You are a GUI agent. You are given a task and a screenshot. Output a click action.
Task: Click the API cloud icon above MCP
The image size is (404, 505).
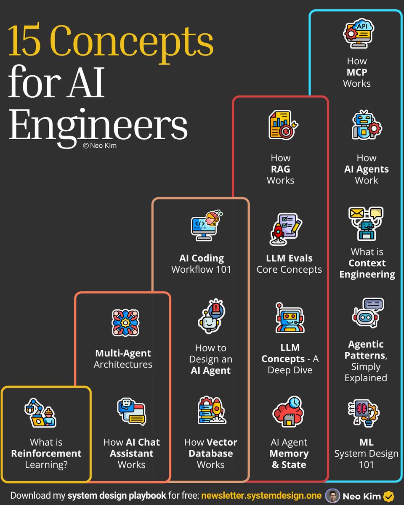tap(359, 33)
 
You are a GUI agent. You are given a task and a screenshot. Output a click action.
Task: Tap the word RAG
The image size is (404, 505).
tap(280, 169)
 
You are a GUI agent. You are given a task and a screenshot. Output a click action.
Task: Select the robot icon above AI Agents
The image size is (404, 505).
tap(367, 125)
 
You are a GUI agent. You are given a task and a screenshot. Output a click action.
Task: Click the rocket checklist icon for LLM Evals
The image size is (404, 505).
tap(286, 229)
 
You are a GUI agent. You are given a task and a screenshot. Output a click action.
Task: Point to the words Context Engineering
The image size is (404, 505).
tap(367, 268)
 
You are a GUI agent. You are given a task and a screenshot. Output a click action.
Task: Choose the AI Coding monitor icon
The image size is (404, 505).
tap(207, 225)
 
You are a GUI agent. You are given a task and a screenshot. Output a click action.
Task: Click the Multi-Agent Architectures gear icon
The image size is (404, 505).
tap(125, 323)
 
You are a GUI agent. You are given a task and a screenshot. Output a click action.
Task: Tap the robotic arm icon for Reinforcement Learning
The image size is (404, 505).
tap(40, 413)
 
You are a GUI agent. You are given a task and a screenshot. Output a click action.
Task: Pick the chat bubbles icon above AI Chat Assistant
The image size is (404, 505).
tap(131, 412)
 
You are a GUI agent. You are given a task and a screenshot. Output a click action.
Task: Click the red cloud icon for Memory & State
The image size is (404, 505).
tap(288, 412)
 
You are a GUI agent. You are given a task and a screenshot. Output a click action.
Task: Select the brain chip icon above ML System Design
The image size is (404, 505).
tap(364, 413)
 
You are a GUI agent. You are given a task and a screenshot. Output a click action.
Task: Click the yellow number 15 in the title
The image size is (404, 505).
tap(24, 40)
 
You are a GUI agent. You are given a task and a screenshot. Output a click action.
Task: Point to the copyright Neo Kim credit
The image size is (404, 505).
tap(100, 146)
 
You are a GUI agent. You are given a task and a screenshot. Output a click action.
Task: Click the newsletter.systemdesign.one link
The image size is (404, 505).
tap(261, 496)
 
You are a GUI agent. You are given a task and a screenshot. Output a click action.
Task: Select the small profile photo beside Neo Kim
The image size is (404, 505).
tap(332, 496)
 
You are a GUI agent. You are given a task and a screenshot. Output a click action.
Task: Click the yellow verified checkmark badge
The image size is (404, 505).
tap(388, 496)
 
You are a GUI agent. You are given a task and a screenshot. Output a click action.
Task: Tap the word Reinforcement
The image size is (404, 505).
tap(46, 453)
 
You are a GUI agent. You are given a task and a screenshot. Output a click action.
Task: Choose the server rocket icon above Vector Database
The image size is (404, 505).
tap(212, 411)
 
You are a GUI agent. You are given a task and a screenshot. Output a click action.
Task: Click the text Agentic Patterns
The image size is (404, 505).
tap(366, 350)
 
